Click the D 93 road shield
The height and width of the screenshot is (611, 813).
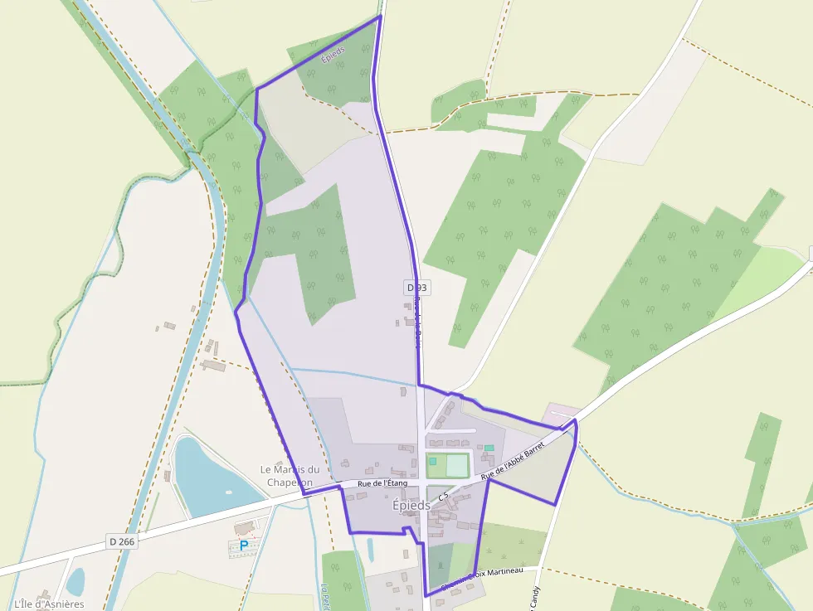pos(417,288)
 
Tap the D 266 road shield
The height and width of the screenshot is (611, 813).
pos(121,541)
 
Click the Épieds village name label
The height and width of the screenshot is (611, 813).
pos(411,505)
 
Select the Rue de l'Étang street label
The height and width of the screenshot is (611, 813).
pos(382,483)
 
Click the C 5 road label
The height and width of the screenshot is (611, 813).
pos(443,497)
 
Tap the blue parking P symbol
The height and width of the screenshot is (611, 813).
pos(244,546)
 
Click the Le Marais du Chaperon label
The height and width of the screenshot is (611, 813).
pos(289,476)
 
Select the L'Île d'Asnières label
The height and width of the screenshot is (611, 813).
pos(49,604)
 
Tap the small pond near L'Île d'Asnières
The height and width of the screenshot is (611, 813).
pos(75,581)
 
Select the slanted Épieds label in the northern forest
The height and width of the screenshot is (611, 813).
pos(333,56)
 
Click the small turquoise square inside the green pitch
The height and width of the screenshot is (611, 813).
pos(432,460)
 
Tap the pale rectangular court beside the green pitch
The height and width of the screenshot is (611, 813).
pos(457,466)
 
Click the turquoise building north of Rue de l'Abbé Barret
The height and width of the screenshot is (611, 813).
pos(489,448)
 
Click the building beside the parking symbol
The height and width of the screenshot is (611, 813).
pos(245,527)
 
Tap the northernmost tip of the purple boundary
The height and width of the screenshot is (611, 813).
pos(380,16)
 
